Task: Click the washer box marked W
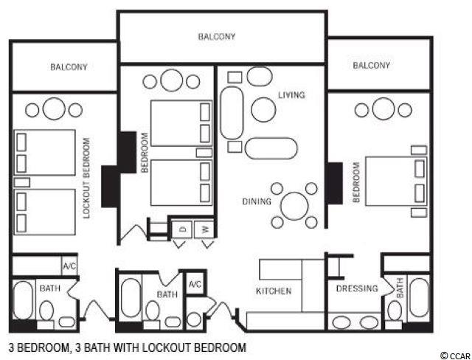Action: [x=204, y=229]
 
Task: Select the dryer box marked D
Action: [x=181, y=229]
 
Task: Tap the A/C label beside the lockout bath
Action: [x=69, y=266]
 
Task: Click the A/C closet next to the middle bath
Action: [x=195, y=283]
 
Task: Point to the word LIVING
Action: [x=291, y=95]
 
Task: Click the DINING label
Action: [x=257, y=201]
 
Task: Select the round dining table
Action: [x=294, y=206]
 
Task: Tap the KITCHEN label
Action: [x=274, y=291]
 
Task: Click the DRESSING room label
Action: [x=357, y=288]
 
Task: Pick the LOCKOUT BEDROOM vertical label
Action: [x=86, y=178]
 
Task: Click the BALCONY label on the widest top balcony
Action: [x=217, y=37]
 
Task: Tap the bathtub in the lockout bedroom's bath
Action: [x=23, y=300]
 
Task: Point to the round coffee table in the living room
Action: [x=263, y=110]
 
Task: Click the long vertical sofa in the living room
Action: [x=232, y=113]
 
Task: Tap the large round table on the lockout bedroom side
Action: [x=54, y=108]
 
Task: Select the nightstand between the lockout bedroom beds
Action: [x=22, y=182]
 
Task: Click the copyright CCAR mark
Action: [x=455, y=356]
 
